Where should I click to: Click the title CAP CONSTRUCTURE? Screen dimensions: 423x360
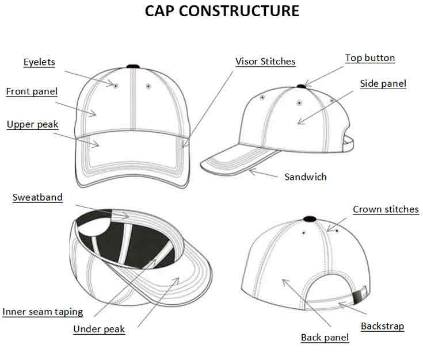(222, 11)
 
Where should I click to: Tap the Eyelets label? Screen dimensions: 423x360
(39, 62)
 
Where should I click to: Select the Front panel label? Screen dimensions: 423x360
(32, 91)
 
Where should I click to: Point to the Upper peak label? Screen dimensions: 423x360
(33, 124)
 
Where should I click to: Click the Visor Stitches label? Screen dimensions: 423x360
(265, 61)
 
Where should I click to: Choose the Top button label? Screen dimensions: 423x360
(370, 58)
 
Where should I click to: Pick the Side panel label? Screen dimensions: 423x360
(383, 83)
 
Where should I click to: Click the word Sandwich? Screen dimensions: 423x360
(306, 177)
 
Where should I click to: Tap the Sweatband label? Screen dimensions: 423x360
(37, 197)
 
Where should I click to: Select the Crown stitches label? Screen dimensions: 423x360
(386, 209)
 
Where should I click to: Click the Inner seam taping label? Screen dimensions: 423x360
(43, 312)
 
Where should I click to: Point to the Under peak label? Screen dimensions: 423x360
(99, 329)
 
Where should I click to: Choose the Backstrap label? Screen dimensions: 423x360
(383, 326)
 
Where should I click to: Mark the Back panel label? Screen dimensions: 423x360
(325, 338)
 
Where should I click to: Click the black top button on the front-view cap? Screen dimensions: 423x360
(133, 66)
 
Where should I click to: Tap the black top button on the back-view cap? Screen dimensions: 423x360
(310, 219)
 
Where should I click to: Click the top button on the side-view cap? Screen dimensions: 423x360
(302, 86)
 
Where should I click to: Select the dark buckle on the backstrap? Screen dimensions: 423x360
(358, 297)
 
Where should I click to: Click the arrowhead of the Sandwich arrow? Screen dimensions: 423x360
(252, 171)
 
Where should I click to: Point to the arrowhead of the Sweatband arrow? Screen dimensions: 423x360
(125, 216)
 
